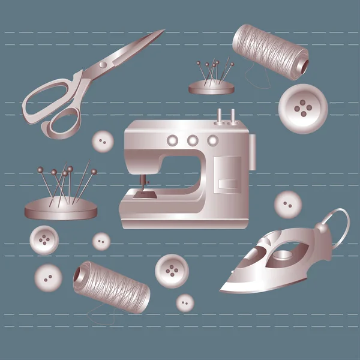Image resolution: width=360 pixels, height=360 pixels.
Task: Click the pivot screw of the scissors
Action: [x=103, y=64]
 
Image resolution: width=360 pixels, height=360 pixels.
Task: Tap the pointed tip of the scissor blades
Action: [x=163, y=31]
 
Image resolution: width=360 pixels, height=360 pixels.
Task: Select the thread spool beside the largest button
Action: [x=271, y=52]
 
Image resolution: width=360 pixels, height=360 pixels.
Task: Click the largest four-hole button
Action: [x=302, y=109]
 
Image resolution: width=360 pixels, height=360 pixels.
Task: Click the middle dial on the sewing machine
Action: [x=193, y=140]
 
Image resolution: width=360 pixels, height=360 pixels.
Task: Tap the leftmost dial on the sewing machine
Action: [x=173, y=140]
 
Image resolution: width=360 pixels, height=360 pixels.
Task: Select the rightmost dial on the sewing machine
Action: [x=212, y=140]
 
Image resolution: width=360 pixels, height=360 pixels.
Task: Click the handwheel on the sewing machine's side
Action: [x=253, y=152]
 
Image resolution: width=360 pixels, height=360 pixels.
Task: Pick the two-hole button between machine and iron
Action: [x=287, y=205]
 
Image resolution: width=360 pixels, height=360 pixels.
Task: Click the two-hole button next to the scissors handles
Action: [x=103, y=142]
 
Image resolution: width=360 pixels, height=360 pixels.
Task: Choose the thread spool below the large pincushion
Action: [x=111, y=288]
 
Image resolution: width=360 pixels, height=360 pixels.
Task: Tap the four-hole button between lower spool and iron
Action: [x=172, y=271]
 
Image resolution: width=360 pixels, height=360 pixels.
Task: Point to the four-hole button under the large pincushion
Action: [x=43, y=240]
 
